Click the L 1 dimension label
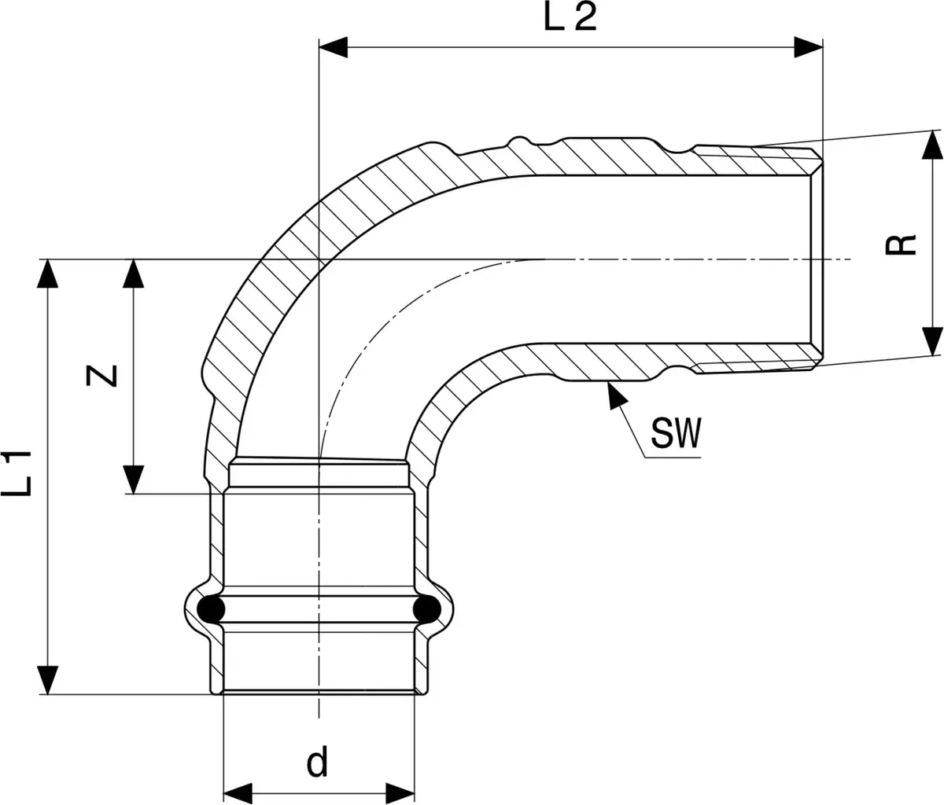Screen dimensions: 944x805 click(17, 473)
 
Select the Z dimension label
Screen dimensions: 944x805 click(101, 376)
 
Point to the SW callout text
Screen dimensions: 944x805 click(676, 433)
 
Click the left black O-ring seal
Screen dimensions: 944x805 click(211, 608)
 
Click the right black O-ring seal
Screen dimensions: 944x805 click(427, 608)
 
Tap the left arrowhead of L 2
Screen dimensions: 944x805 click(333, 47)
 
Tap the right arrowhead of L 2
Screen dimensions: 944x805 click(809, 47)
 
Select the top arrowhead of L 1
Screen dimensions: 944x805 click(47, 274)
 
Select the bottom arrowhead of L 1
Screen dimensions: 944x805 click(47, 680)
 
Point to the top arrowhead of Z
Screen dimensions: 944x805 click(134, 274)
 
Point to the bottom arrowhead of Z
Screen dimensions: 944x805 click(134, 480)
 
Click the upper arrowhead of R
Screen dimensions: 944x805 click(932, 145)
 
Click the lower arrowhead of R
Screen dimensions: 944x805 click(932, 341)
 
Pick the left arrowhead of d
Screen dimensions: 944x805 click(238, 793)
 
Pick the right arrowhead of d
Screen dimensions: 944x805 click(400, 793)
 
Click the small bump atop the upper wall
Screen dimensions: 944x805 click(518, 140)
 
